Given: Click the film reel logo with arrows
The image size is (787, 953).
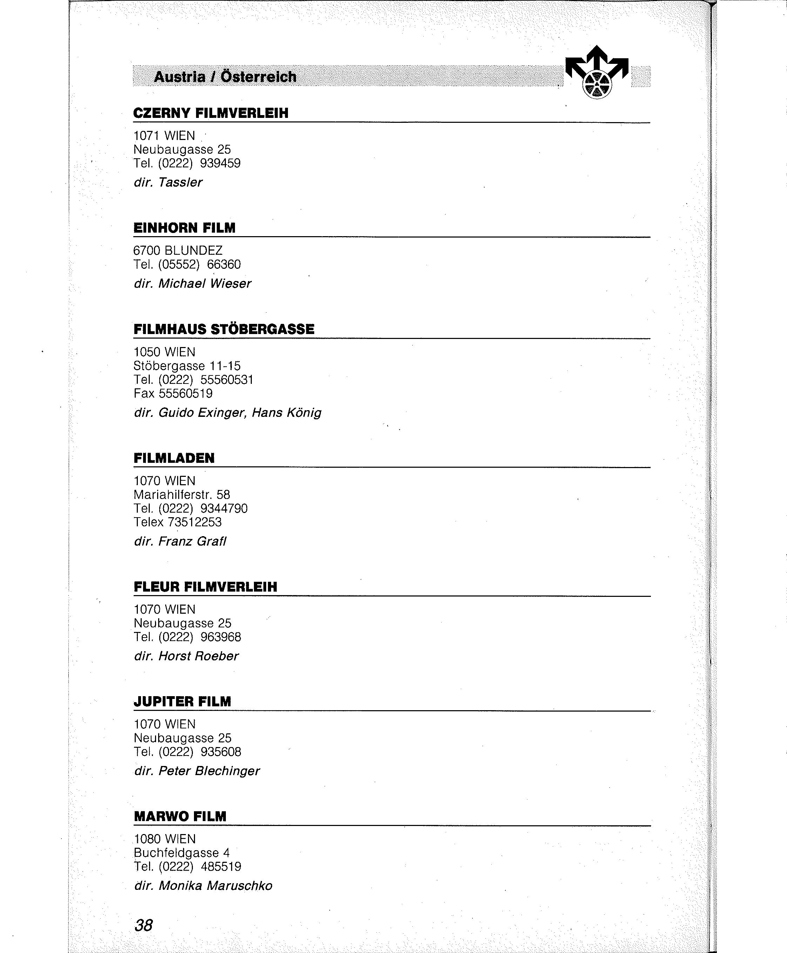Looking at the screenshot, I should coord(597,73).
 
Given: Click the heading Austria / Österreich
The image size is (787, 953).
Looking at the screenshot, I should coord(225,76).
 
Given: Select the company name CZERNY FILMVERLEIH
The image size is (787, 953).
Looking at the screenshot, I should coord(211,113).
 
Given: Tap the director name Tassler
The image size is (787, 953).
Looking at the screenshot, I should coord(180,182).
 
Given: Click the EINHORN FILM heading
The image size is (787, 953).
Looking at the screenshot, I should coord(184,228).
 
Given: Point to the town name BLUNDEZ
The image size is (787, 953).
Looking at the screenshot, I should coord(194,251).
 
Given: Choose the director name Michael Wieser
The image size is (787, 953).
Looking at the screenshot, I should coord(204,284).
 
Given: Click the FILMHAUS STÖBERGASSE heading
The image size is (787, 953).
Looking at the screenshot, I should coord(224,329).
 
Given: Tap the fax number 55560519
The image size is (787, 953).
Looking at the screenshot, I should coord(186,393).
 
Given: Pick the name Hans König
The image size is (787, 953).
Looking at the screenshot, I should coord(287,413).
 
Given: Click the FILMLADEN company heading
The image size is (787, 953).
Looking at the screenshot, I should coord(174,458).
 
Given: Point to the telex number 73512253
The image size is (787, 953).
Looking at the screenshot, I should coord(195,522).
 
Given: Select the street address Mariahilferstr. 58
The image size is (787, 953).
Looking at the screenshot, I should coord(182,494).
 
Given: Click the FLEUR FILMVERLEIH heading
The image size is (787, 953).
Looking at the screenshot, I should coord(206,587).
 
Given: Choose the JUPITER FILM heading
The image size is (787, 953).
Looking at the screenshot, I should coord(182,702).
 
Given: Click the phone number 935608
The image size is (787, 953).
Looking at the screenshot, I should coord(221,752).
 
